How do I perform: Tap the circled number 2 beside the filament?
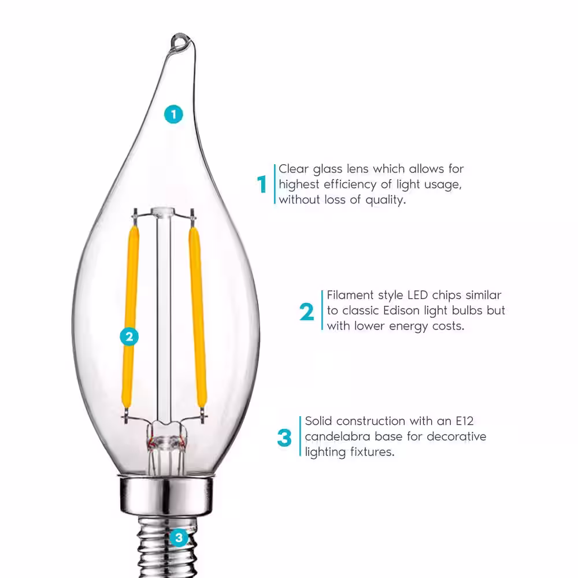tap(129, 336)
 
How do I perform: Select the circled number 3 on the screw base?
tap(179, 539)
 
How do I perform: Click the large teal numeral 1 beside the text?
tap(262, 185)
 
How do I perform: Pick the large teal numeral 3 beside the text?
tap(284, 438)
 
